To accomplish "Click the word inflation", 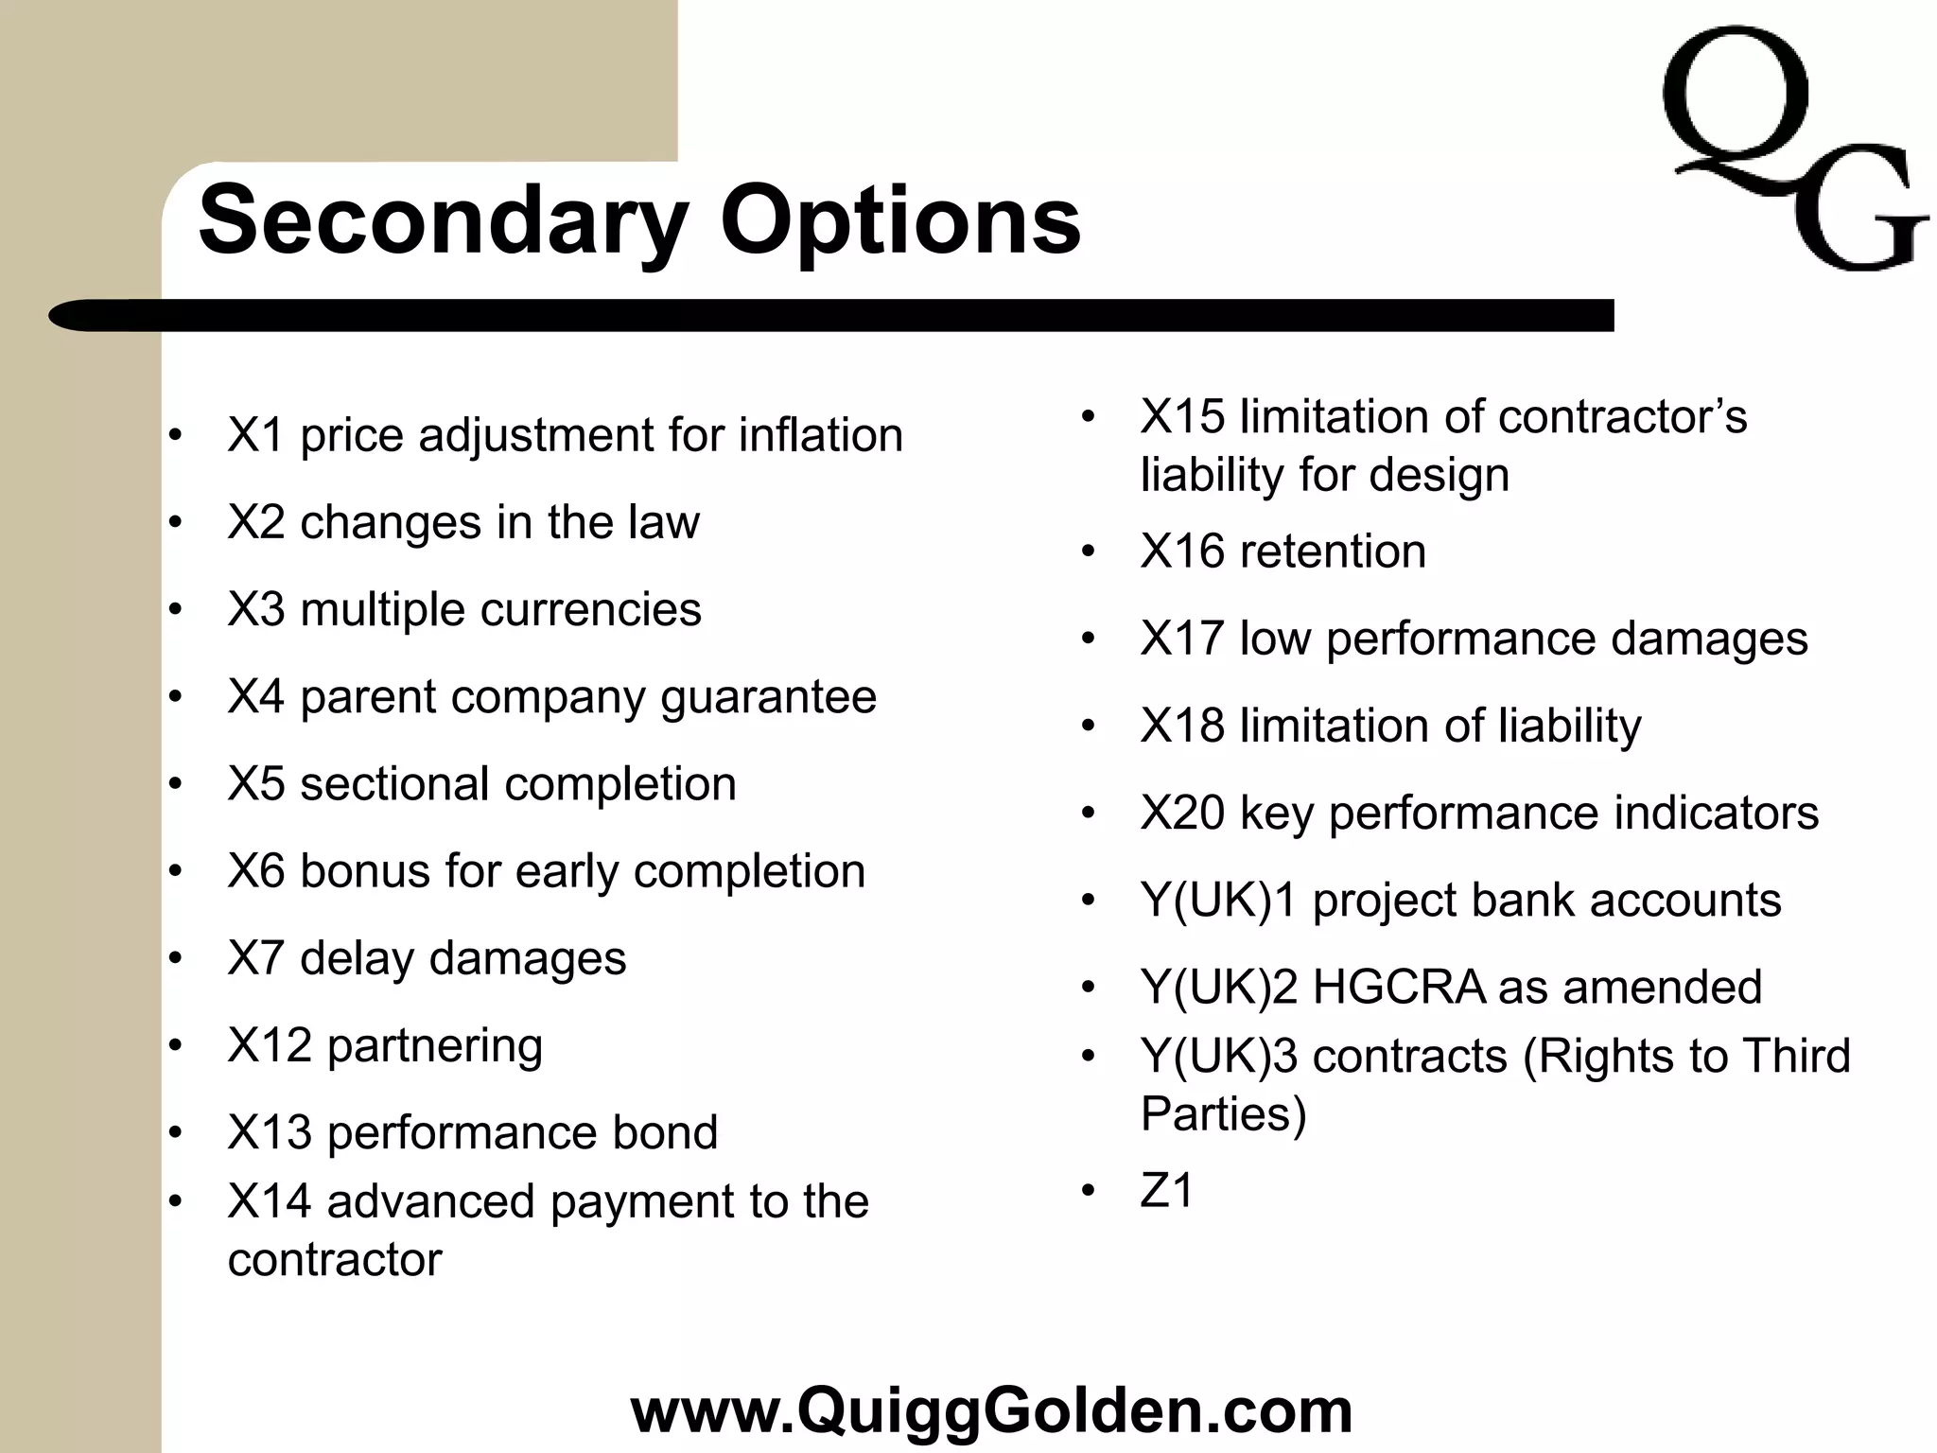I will [x=820, y=436].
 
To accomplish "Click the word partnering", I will [x=434, y=1046].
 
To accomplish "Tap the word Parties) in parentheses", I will [x=1223, y=1114].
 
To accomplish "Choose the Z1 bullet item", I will [x=1167, y=1191].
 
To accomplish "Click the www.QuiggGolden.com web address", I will [x=990, y=1409].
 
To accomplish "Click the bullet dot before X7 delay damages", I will [x=175, y=959].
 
